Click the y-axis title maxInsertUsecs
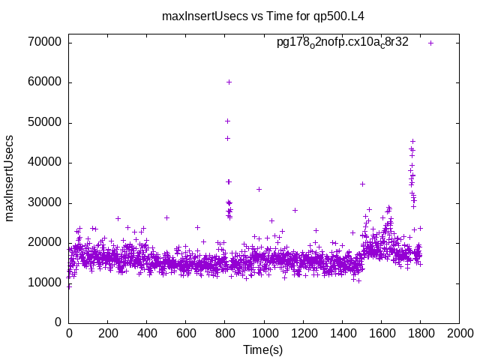10,178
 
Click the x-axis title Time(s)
262,350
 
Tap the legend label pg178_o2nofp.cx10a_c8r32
343,43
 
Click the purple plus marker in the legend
431,43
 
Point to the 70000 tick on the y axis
44,43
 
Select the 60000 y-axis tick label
44,82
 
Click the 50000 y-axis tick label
44,122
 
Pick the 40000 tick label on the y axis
44,163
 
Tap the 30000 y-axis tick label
44,202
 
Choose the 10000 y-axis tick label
44,283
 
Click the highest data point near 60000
229,82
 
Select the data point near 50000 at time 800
227,121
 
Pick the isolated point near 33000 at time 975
259,189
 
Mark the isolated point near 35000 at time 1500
362,184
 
